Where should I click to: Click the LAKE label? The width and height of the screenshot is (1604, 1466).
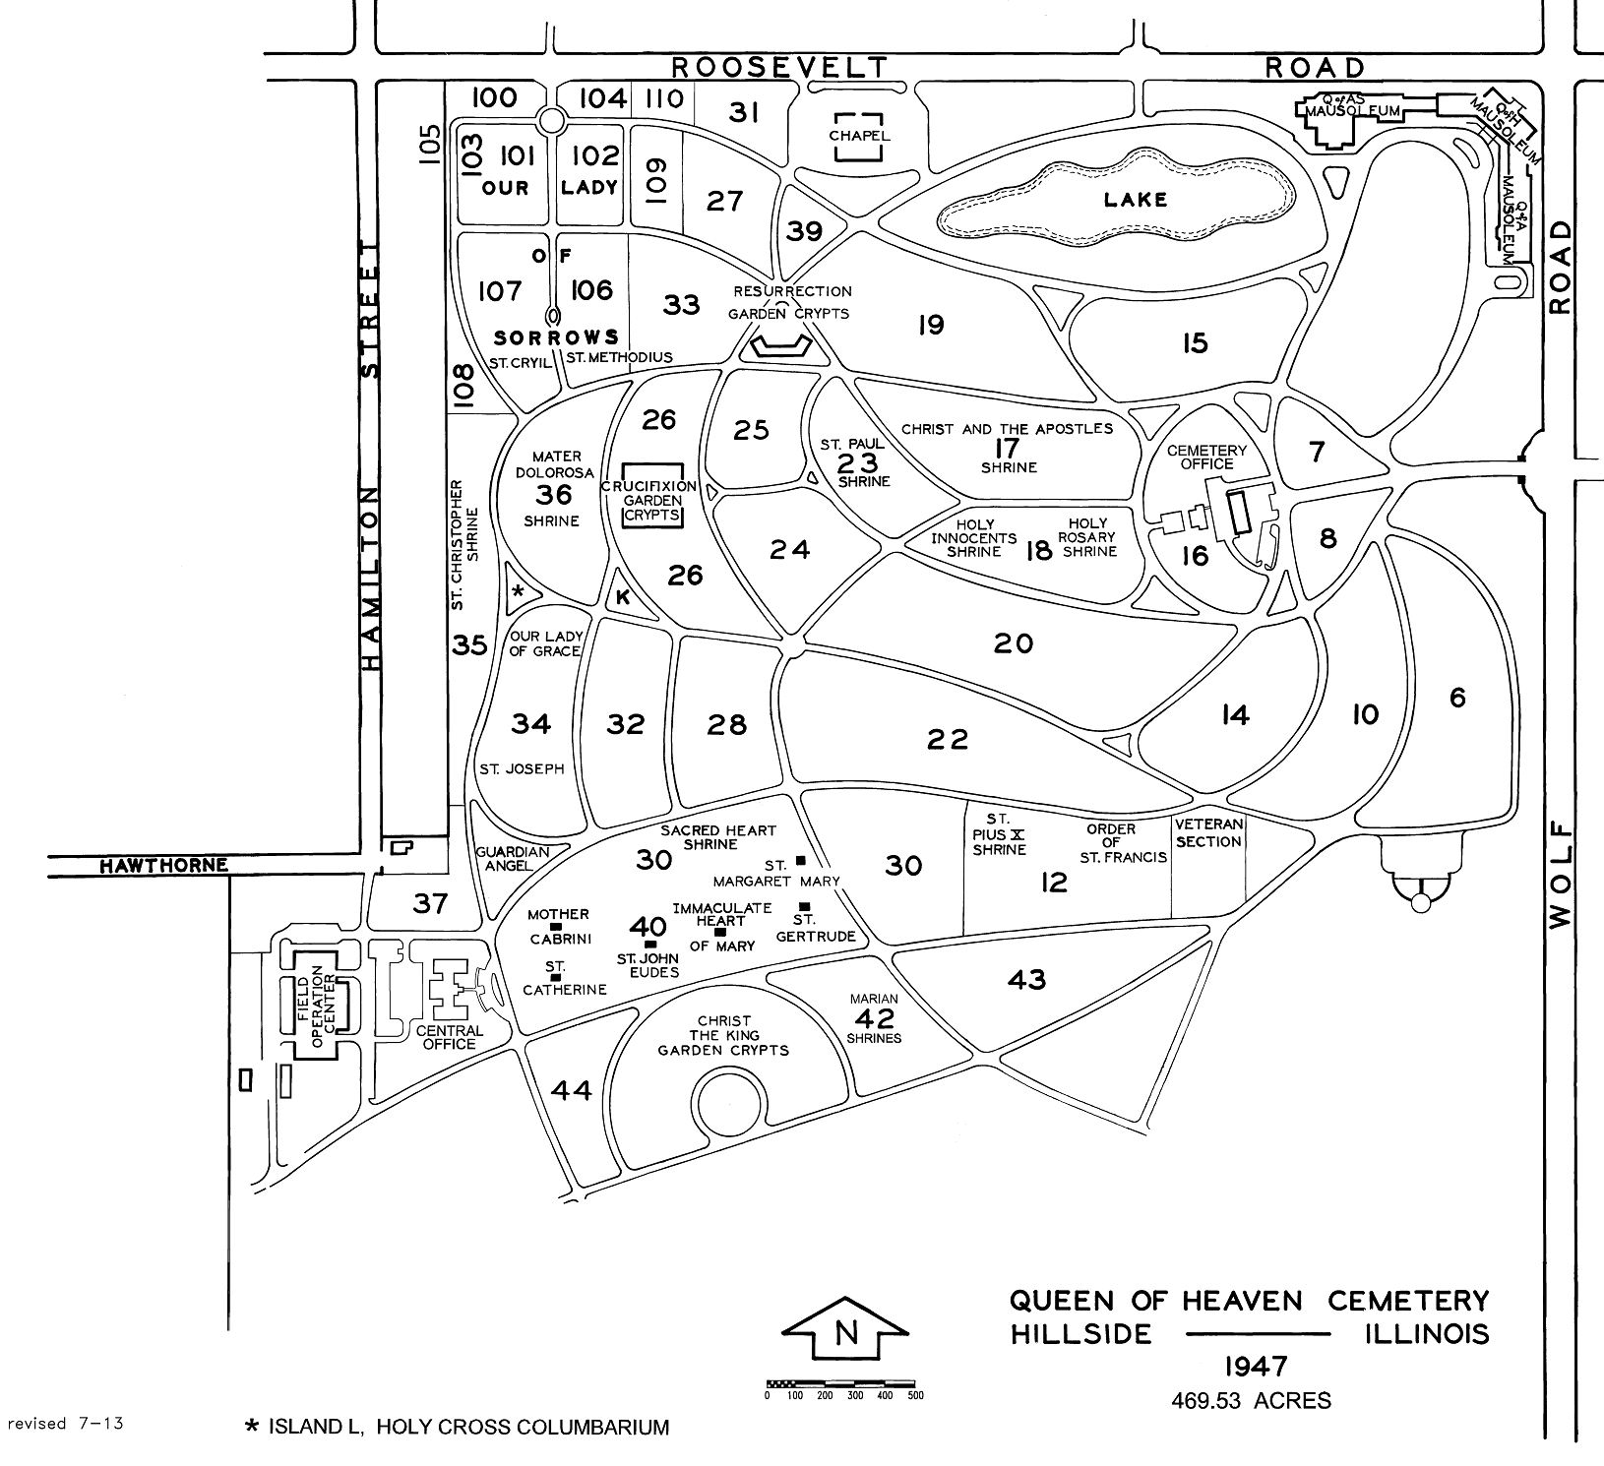[x=1135, y=200]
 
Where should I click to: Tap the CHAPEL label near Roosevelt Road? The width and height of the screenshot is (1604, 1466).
[x=859, y=136]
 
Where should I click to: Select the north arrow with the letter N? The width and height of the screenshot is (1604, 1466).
[x=843, y=1334]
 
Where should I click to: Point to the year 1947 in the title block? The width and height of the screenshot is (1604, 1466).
[x=1256, y=1367]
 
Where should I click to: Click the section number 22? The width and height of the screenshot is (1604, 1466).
[x=948, y=739]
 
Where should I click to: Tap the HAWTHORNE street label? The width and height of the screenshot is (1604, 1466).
[x=163, y=866]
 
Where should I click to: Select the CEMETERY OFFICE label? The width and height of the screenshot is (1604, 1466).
[x=1206, y=458]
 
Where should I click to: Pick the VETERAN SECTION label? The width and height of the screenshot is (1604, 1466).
[x=1208, y=832]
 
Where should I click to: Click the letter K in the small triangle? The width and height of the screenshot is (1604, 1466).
[x=622, y=597]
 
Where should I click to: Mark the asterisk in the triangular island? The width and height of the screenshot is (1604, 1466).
[x=521, y=591]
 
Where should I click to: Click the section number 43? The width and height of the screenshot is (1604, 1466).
[x=1026, y=979]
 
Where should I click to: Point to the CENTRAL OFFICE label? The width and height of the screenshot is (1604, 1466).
[x=449, y=1037]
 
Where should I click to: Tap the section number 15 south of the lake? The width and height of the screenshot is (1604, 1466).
[x=1195, y=342]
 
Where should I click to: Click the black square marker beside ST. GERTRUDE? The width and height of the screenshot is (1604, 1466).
[x=804, y=906]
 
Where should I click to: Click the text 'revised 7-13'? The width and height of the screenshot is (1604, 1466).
[x=65, y=1423]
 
